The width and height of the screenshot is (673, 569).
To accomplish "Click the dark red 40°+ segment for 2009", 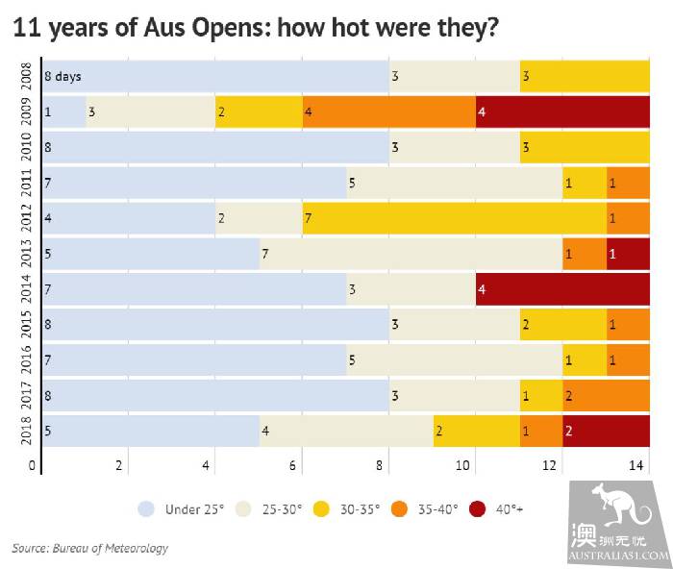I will pos(562,112).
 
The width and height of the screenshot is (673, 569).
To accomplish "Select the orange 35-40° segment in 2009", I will pos(388,112).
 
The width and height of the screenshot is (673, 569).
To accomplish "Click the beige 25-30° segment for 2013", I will pos(411,254).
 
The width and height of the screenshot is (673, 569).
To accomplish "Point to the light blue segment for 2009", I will pos(64,112).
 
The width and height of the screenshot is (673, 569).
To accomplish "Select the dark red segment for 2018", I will pos(606,432).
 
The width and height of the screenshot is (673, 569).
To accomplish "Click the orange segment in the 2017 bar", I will pos(606,396).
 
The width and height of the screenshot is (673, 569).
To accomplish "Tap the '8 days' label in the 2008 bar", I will pos(63,76).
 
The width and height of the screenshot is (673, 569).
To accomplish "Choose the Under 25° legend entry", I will pos(182,508).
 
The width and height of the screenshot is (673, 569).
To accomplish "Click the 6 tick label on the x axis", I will pos(293,466).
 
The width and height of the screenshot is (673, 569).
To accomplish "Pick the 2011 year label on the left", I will pos(25,183).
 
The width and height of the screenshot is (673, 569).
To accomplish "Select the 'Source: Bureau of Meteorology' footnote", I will pos(90,548).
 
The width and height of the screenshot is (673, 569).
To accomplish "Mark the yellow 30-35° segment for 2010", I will pos(584,147).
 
